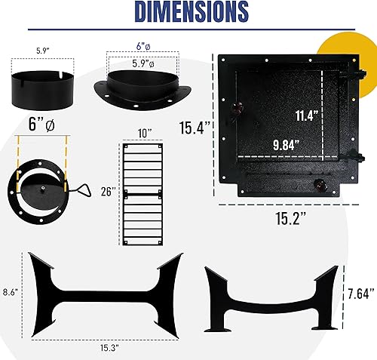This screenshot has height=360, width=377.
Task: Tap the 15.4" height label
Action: tap(195, 128)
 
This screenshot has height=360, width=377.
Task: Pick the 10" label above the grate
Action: tap(144, 132)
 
